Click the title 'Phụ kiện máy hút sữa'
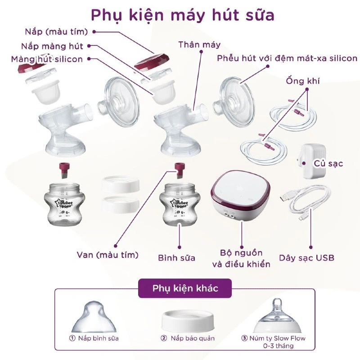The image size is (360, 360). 182,14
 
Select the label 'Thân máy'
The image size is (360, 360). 199,45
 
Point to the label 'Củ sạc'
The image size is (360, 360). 328,163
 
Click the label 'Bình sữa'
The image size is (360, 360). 177,258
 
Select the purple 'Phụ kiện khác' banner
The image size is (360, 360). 185,288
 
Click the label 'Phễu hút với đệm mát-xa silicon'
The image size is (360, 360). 287,58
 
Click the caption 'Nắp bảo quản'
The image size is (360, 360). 193,338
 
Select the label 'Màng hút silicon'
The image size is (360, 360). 47,59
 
